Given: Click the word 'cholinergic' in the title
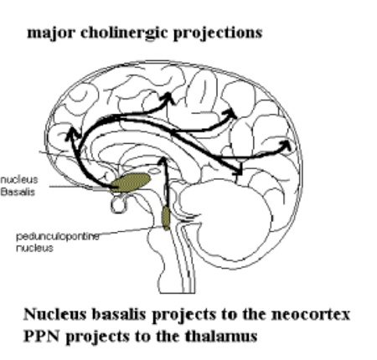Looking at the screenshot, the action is (124, 33).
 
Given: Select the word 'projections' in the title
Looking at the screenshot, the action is (218, 33).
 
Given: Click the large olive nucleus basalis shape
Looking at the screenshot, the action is (131, 183).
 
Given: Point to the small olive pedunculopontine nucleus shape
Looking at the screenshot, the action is (166, 218).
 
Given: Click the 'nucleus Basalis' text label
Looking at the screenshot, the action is (18, 186).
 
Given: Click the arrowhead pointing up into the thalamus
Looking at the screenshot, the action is (163, 161).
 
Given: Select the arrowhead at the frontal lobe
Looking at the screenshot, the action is (73, 133).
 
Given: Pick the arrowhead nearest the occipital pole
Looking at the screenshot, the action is (286, 145).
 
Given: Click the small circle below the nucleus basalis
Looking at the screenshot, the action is (119, 204).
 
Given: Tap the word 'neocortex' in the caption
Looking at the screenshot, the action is (311, 315).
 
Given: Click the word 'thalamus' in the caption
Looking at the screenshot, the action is (220, 336).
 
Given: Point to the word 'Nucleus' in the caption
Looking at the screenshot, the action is (55, 314).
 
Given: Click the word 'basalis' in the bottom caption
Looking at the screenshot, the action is (119, 314).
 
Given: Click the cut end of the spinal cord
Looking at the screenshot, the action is (178, 292).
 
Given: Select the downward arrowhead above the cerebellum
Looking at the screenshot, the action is (238, 171).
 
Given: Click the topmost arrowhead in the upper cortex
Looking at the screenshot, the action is (168, 98).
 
